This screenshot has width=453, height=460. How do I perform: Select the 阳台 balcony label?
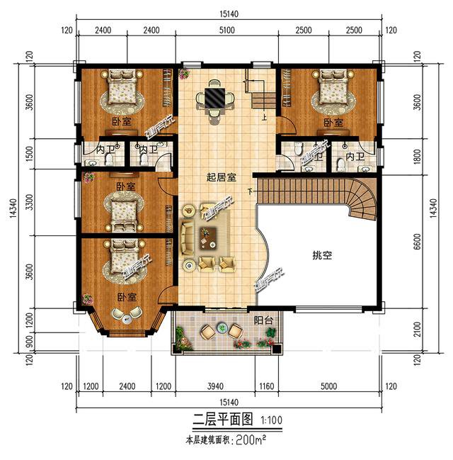click(x=264, y=321)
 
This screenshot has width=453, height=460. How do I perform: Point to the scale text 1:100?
click(x=272, y=420)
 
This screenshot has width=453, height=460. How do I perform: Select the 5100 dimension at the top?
click(x=227, y=31)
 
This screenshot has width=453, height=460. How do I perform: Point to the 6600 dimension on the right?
click(x=417, y=240)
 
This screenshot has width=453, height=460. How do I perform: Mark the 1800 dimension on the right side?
click(x=417, y=156)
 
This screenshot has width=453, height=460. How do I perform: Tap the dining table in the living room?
click(x=214, y=96)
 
